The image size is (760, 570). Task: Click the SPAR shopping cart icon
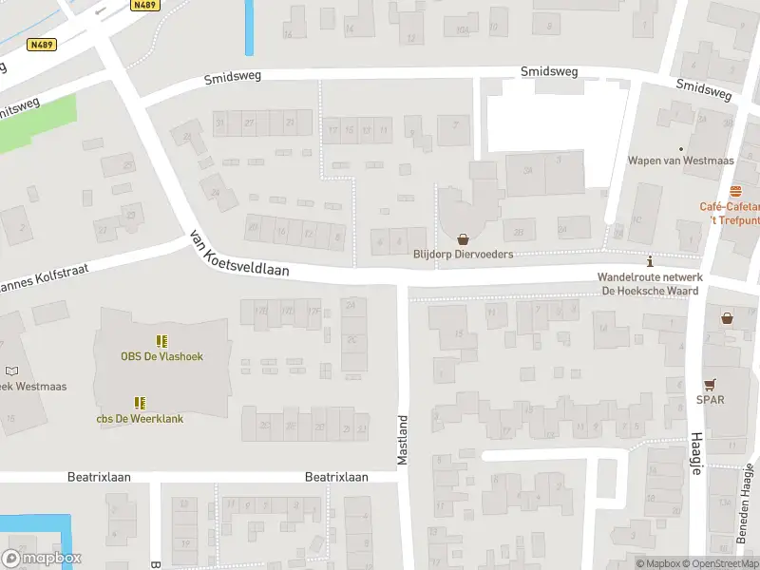[x=710, y=384]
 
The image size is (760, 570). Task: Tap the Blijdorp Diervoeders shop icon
[x=464, y=238]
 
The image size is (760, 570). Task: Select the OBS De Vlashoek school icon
[x=161, y=340]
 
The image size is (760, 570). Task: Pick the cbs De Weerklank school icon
[x=140, y=403]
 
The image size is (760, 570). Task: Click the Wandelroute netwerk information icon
[x=650, y=261]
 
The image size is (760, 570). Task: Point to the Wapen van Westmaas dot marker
[x=680, y=148]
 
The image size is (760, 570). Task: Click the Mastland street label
[x=403, y=440]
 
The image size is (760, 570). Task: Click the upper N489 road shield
[x=144, y=5]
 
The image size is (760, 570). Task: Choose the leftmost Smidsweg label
[x=233, y=79]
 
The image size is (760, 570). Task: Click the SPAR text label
[x=710, y=400]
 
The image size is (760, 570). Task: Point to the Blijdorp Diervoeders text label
[x=463, y=255]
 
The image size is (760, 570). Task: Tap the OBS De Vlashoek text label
[x=161, y=357]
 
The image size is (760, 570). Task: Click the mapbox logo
[x=42, y=559]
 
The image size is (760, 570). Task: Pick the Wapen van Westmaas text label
[x=680, y=161]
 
